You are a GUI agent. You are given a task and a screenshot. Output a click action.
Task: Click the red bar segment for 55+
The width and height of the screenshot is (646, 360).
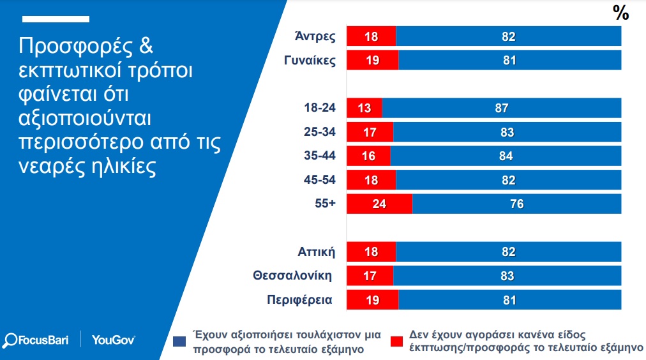coord(379,204)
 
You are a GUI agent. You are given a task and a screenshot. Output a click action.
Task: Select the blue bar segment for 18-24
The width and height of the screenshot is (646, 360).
coord(501,109)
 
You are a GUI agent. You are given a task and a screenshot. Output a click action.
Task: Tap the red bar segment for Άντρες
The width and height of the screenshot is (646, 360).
coord(371,36)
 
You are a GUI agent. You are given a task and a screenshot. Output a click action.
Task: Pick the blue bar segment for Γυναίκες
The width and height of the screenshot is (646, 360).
coord(509,61)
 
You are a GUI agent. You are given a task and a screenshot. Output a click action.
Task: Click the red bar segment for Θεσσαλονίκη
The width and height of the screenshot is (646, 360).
coord(370,276)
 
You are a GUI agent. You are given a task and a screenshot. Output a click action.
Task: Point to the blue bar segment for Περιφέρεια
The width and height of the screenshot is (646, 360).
coord(509,300)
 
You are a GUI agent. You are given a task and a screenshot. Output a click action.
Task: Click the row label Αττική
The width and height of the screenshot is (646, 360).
coord(317,251)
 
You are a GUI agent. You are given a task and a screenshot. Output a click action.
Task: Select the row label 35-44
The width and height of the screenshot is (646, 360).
coord(321,156)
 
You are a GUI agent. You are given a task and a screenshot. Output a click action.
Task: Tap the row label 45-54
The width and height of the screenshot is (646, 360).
coord(321,180)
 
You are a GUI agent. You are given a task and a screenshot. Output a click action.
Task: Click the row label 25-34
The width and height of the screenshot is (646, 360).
coord(321,132)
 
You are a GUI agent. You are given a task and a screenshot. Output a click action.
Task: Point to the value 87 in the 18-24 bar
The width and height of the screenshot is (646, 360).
coord(502,109)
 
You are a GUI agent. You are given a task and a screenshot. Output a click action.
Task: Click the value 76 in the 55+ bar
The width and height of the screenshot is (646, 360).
coord(517,204)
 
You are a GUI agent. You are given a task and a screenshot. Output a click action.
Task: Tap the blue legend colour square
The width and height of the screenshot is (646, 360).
coord(179,341)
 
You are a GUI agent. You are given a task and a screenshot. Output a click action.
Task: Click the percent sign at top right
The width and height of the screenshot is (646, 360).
coord(621,13)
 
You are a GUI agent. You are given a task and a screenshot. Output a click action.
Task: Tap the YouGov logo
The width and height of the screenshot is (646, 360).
coord(113,340)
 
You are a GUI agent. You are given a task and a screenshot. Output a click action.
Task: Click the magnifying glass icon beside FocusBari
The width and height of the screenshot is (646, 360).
coord(11,340)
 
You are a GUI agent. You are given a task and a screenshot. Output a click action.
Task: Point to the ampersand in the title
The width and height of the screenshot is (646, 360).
coord(146,47)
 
